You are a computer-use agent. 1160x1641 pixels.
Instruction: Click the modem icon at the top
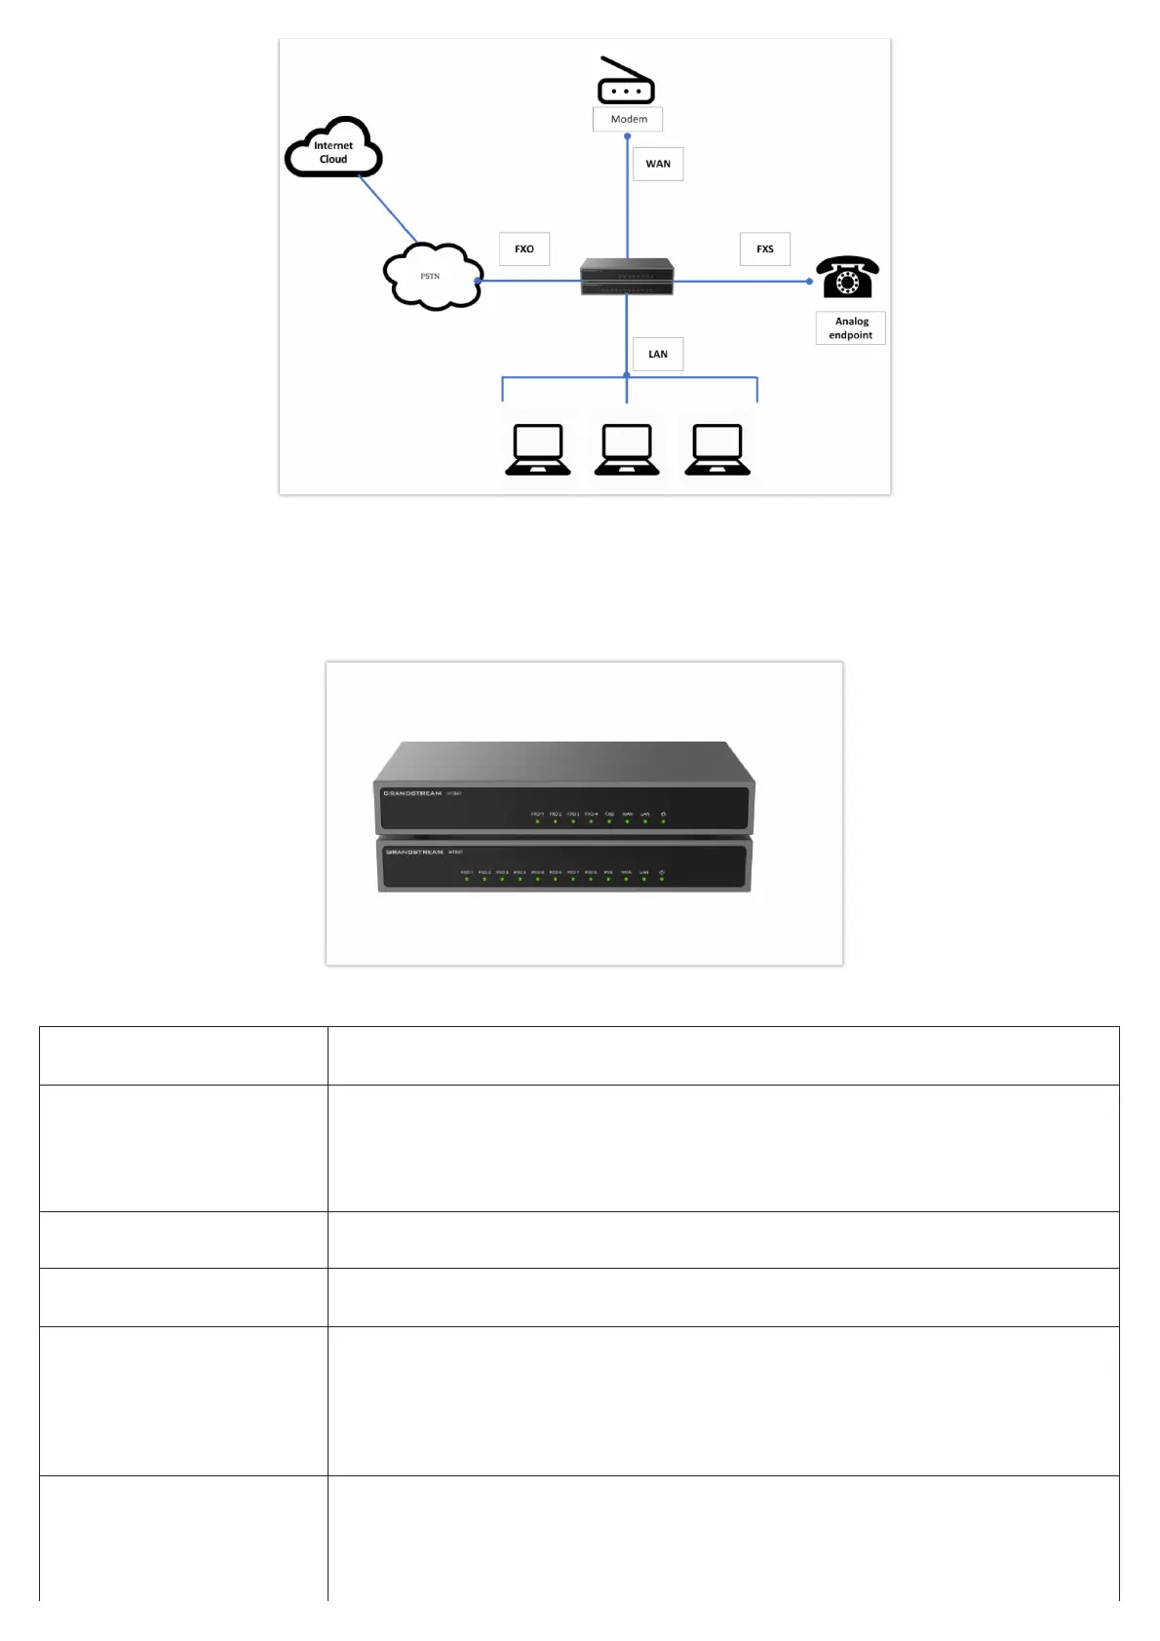click(x=626, y=82)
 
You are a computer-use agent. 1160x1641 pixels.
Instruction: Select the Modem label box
click(x=628, y=119)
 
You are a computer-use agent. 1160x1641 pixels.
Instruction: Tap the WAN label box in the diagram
click(x=658, y=164)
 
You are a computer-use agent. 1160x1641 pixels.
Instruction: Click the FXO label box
click(x=524, y=248)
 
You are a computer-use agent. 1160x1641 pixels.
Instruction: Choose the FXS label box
click(x=765, y=248)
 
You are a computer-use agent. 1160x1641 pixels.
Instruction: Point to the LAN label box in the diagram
click(x=658, y=354)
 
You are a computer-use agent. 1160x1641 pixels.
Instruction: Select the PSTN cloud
click(x=432, y=277)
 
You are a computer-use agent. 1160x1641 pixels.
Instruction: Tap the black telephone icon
click(x=847, y=278)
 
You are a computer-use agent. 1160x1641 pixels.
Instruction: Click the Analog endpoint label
click(x=851, y=328)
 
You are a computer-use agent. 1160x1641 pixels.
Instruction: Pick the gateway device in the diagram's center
click(x=627, y=277)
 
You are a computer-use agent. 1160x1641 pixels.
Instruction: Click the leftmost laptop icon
click(x=538, y=449)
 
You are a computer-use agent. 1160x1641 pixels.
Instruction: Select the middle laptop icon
click(x=627, y=449)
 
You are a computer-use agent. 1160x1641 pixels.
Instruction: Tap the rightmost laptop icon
click(x=717, y=449)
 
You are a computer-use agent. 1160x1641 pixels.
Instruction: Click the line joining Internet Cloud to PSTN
click(x=389, y=210)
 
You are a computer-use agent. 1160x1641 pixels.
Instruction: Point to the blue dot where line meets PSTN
click(x=478, y=281)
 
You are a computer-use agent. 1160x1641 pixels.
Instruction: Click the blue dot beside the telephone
click(x=809, y=281)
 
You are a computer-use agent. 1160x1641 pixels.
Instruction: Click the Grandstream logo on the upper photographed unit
click(x=412, y=793)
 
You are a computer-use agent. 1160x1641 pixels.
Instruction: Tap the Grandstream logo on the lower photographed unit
click(x=414, y=852)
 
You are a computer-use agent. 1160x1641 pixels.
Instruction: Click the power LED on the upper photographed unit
click(x=663, y=821)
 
